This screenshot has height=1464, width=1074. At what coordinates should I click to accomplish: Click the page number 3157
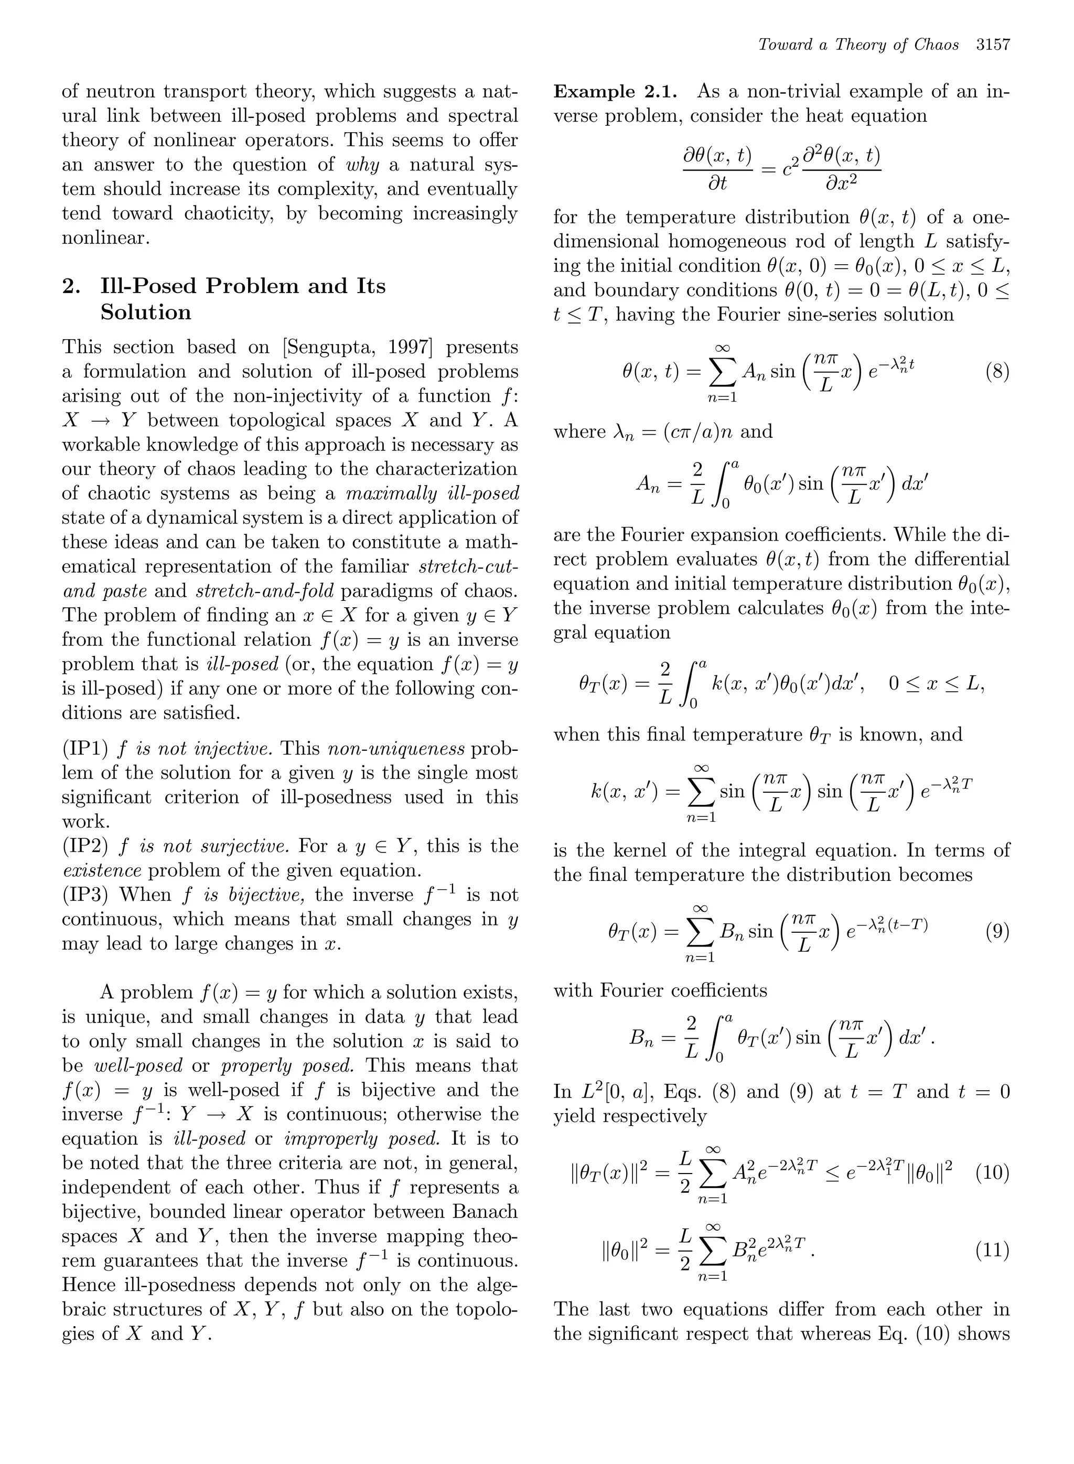point(993,45)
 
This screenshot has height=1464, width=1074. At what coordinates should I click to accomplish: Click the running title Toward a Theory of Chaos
point(858,45)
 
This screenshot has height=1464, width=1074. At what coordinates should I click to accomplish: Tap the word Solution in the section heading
point(146,312)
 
